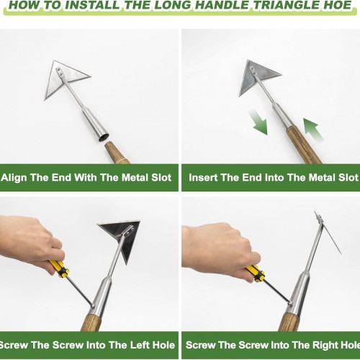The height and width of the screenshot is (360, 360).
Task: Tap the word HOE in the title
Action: pos(336,5)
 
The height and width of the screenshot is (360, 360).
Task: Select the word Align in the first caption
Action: pos(14,178)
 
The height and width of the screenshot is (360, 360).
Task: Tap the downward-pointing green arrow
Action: pos(258,122)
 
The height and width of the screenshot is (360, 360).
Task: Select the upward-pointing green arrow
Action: pos(312,129)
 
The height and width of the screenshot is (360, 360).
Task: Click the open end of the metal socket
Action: pos(104,138)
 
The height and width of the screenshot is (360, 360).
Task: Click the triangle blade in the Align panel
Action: pos(65,78)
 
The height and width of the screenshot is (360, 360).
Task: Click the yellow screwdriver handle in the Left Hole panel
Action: pos(59,269)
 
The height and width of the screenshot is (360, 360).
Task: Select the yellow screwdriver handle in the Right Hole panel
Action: pos(255,274)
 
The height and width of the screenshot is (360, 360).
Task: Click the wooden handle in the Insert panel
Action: pos(304,144)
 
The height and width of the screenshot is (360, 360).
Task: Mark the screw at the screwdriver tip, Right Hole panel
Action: pos(290,303)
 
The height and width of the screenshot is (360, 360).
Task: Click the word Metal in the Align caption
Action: pos(135,178)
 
